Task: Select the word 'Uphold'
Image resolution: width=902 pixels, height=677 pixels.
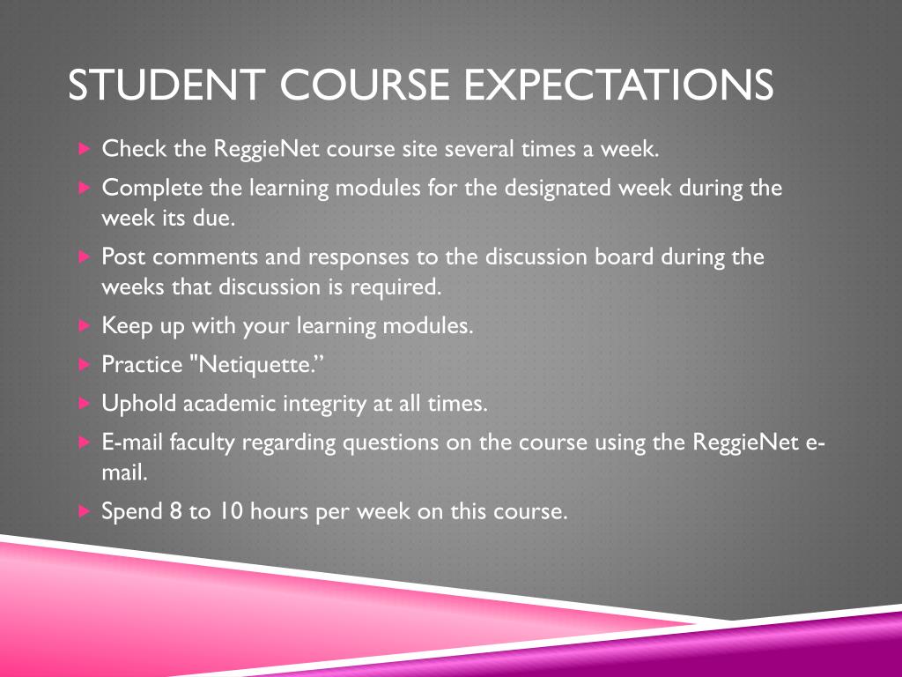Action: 139,404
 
